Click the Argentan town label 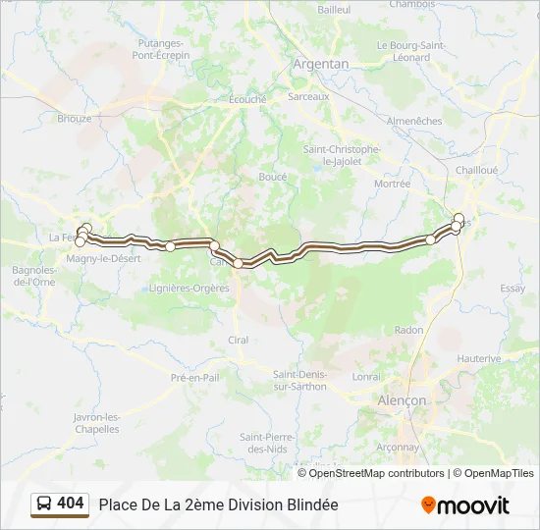(321, 64)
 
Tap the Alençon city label (403, 400)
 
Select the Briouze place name (75, 119)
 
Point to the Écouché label (247, 99)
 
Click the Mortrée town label (392, 184)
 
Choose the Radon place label (407, 331)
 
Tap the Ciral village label (239, 340)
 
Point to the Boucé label (272, 177)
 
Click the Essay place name (513, 289)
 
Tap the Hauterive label (479, 359)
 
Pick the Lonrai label (366, 376)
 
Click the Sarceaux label (308, 97)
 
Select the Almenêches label (415, 121)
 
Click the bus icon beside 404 (44, 504)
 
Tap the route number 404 (71, 503)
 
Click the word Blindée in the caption (310, 504)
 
